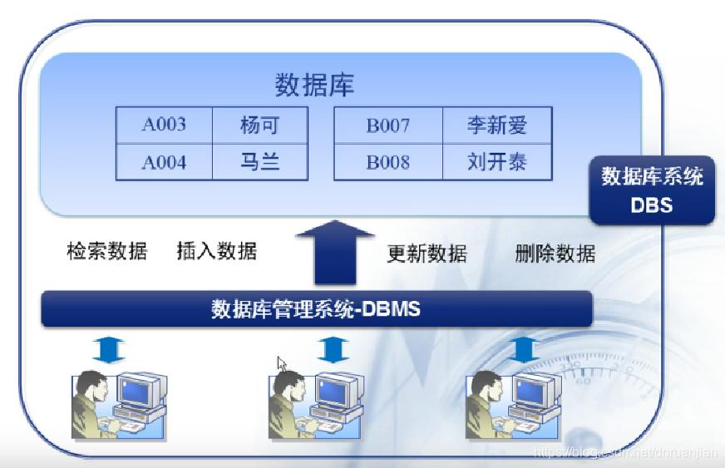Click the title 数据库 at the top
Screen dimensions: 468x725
pyautogui.click(x=314, y=85)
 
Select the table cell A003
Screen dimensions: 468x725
pyautogui.click(x=164, y=126)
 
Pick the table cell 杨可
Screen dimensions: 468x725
pyautogui.click(x=259, y=126)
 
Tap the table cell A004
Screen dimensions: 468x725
pyautogui.click(x=164, y=162)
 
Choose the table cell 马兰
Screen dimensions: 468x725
pyautogui.click(x=259, y=162)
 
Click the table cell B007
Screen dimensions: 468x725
pyautogui.click(x=387, y=126)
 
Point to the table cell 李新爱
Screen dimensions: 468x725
pyautogui.click(x=496, y=126)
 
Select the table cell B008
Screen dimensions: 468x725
pyautogui.click(x=387, y=162)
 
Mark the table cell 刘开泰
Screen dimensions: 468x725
pyautogui.click(x=496, y=162)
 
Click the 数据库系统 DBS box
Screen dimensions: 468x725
pyautogui.click(x=652, y=190)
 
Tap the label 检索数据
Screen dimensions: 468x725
pyautogui.click(x=106, y=251)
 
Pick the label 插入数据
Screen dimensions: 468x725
pyautogui.click(x=217, y=251)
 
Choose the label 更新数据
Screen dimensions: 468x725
pyautogui.click(x=427, y=254)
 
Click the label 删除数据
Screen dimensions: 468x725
pyautogui.click(x=555, y=254)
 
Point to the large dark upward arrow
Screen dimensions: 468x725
pyautogui.click(x=336, y=254)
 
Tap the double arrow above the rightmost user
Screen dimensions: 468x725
pyautogui.click(x=523, y=350)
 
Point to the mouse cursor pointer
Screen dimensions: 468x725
pyautogui.click(x=282, y=364)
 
